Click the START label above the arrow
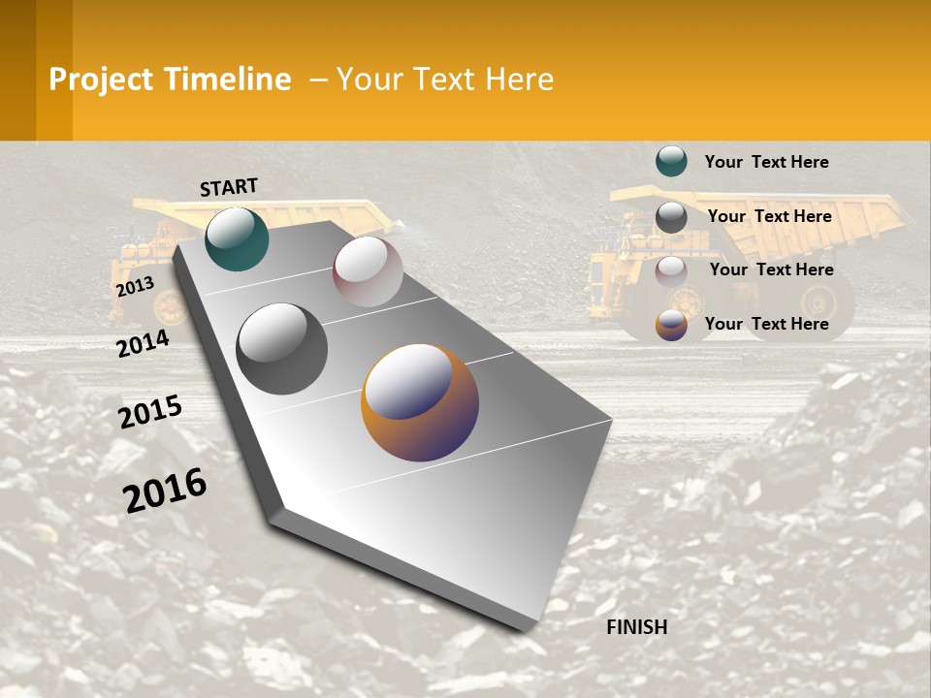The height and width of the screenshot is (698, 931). [x=229, y=187]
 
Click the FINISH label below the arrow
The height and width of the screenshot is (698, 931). [x=636, y=627]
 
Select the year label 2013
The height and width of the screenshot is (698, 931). [x=135, y=286]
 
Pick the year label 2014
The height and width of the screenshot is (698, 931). [x=143, y=343]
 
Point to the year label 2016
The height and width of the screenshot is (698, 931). [x=165, y=491]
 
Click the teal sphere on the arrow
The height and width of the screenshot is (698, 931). [x=237, y=238]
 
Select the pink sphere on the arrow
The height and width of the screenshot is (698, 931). [x=368, y=271]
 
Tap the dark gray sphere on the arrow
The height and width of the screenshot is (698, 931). [x=281, y=349]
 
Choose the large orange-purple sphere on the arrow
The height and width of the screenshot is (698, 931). [x=419, y=402]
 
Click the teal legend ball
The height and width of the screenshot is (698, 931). [x=671, y=161]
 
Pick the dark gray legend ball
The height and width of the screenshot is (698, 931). [x=671, y=217]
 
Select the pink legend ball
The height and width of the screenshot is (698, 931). [x=671, y=271]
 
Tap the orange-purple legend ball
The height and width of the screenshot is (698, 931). [x=671, y=325]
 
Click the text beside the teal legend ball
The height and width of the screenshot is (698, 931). [x=766, y=162]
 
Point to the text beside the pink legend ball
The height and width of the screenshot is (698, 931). [x=771, y=270]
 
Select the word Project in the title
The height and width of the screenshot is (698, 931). [x=101, y=79]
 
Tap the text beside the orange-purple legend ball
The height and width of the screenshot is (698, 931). [x=766, y=324]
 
